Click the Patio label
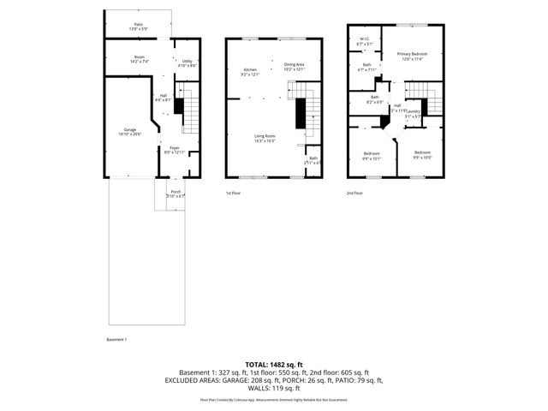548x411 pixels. tap(139, 25)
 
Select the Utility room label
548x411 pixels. tap(188, 62)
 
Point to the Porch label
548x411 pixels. tap(176, 193)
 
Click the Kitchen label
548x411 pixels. tap(250, 70)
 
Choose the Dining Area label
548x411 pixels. tap(295, 66)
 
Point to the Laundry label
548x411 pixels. tap(412, 112)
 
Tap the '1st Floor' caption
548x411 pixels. tap(235, 194)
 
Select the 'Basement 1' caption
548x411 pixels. tap(116, 340)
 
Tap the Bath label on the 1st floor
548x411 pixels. tap(313, 159)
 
